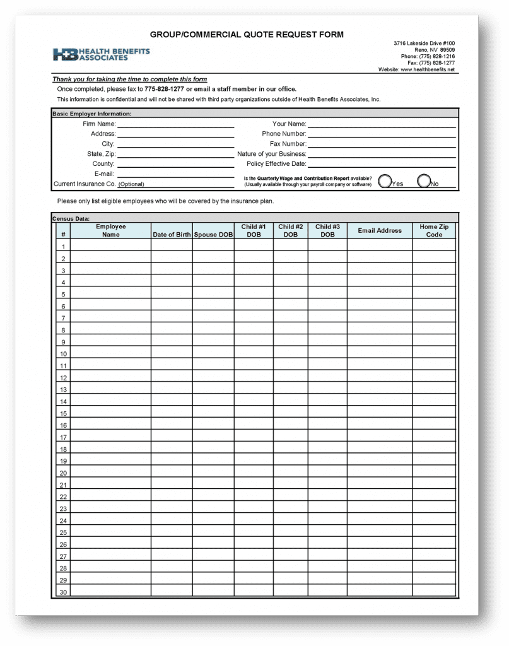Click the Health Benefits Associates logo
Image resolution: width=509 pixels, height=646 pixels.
click(x=101, y=54)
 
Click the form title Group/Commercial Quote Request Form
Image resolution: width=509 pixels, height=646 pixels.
click(x=247, y=35)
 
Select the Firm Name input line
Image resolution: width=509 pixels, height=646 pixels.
click(x=175, y=124)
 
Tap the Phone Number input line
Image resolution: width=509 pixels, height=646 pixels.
click(x=381, y=134)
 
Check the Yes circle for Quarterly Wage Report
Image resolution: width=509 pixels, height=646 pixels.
click(x=385, y=182)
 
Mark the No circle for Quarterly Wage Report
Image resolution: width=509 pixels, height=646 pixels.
click(x=424, y=182)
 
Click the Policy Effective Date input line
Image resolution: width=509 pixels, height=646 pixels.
click(x=381, y=164)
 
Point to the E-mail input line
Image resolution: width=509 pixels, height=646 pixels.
click(x=175, y=174)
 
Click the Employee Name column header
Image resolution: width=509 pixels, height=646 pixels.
click(x=110, y=230)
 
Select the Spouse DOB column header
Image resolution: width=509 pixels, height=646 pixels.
click(x=213, y=235)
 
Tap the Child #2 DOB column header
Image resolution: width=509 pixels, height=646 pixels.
click(x=290, y=230)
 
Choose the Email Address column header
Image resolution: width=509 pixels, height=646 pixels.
click(x=380, y=230)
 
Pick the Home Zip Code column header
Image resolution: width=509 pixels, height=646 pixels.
click(x=434, y=230)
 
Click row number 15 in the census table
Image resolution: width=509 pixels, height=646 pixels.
click(x=63, y=414)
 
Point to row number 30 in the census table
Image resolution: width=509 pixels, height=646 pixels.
click(x=63, y=592)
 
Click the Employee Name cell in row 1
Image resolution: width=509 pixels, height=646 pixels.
click(x=110, y=246)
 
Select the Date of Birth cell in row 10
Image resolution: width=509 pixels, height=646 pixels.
click(x=172, y=354)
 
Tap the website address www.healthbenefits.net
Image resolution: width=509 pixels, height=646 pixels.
click(x=427, y=69)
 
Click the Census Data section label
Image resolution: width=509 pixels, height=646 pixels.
click(x=71, y=218)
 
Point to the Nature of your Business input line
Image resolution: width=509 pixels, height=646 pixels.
click(x=381, y=154)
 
